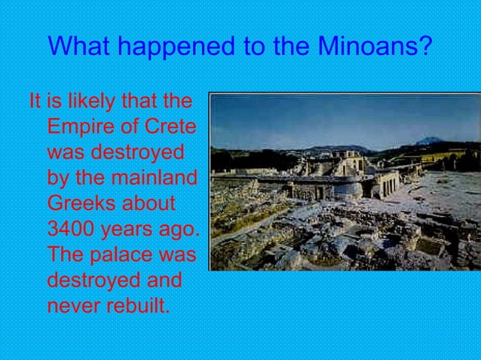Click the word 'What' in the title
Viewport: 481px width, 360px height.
tap(79, 47)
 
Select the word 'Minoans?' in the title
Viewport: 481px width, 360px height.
tap(375, 47)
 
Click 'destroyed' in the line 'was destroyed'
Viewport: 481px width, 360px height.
tap(137, 152)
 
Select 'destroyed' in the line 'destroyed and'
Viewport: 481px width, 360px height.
tap(94, 280)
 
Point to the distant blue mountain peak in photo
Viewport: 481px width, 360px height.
tap(430, 141)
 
